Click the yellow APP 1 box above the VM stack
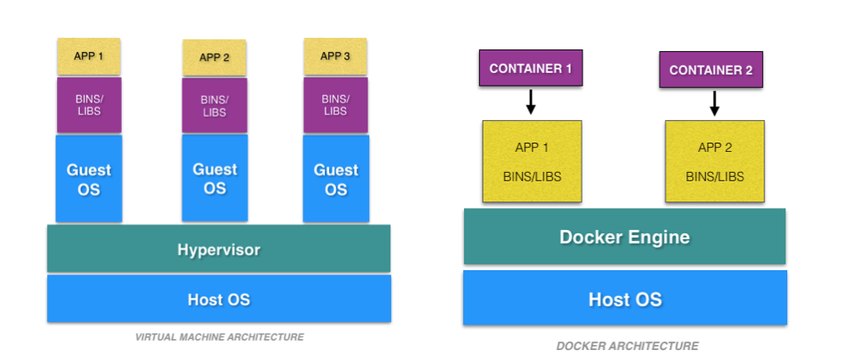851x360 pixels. [89, 56]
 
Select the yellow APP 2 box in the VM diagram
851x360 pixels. [214, 58]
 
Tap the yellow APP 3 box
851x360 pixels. [335, 56]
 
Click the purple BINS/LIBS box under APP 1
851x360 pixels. [89, 105]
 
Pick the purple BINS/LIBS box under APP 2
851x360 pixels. [214, 105]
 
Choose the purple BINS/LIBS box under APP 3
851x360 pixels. [335, 105]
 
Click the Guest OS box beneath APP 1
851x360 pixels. [89, 179]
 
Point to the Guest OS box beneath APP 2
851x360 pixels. [214, 179]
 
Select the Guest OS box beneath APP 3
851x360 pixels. [335, 179]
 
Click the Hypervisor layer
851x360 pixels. [218, 249]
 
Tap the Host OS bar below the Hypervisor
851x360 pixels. [218, 299]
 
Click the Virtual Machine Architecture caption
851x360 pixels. [219, 337]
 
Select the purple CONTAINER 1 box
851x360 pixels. [530, 69]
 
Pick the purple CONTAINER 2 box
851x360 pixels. [711, 70]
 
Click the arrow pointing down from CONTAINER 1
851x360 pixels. [530, 102]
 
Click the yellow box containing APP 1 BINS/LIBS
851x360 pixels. [532, 161]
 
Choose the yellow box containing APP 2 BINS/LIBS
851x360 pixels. [714, 161]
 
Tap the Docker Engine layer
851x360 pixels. [624, 237]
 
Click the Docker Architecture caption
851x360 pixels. [627, 346]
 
